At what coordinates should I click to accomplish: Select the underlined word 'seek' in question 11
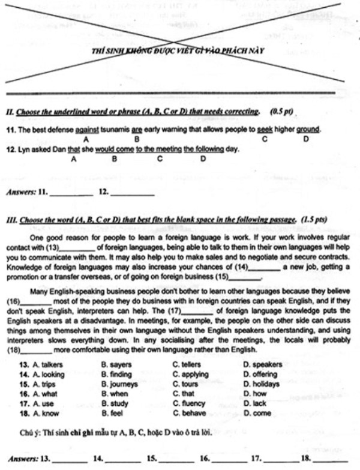click(264, 129)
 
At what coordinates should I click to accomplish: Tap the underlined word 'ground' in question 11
click(308, 129)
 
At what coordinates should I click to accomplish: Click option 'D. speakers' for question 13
click(262, 364)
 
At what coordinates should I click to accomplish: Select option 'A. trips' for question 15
click(37, 384)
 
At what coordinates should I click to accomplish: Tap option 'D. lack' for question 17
click(255, 403)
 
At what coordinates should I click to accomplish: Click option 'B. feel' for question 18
click(113, 413)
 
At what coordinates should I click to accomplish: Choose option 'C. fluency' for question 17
click(189, 403)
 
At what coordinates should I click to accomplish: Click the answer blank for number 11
click(71, 194)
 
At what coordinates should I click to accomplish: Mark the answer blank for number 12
click(133, 194)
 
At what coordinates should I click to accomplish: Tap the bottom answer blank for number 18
click(331, 460)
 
